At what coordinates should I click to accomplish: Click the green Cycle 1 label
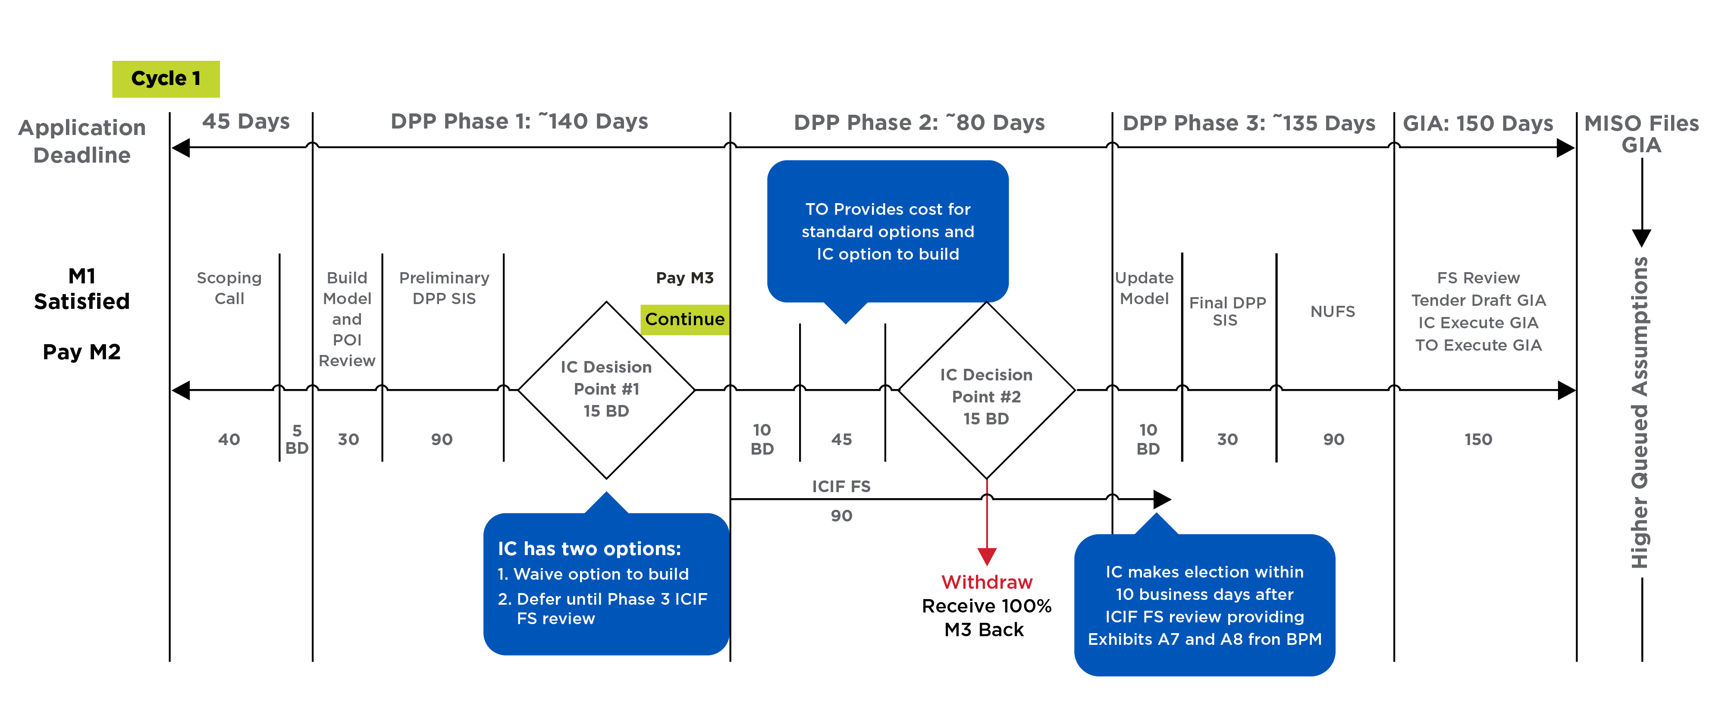click(166, 79)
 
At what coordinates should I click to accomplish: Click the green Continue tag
click(684, 319)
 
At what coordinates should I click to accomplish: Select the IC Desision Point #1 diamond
click(606, 389)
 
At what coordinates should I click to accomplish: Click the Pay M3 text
click(684, 278)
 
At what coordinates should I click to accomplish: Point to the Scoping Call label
click(229, 288)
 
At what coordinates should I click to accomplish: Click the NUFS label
click(1332, 311)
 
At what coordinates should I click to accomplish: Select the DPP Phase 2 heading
click(919, 122)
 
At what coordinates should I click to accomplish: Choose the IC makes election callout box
click(1204, 605)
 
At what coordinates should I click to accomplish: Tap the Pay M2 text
click(82, 352)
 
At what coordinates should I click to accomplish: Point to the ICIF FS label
click(841, 486)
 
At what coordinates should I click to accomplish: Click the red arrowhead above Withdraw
click(986, 556)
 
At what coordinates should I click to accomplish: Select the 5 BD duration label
click(297, 439)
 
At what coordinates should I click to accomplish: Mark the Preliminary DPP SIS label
click(444, 288)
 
